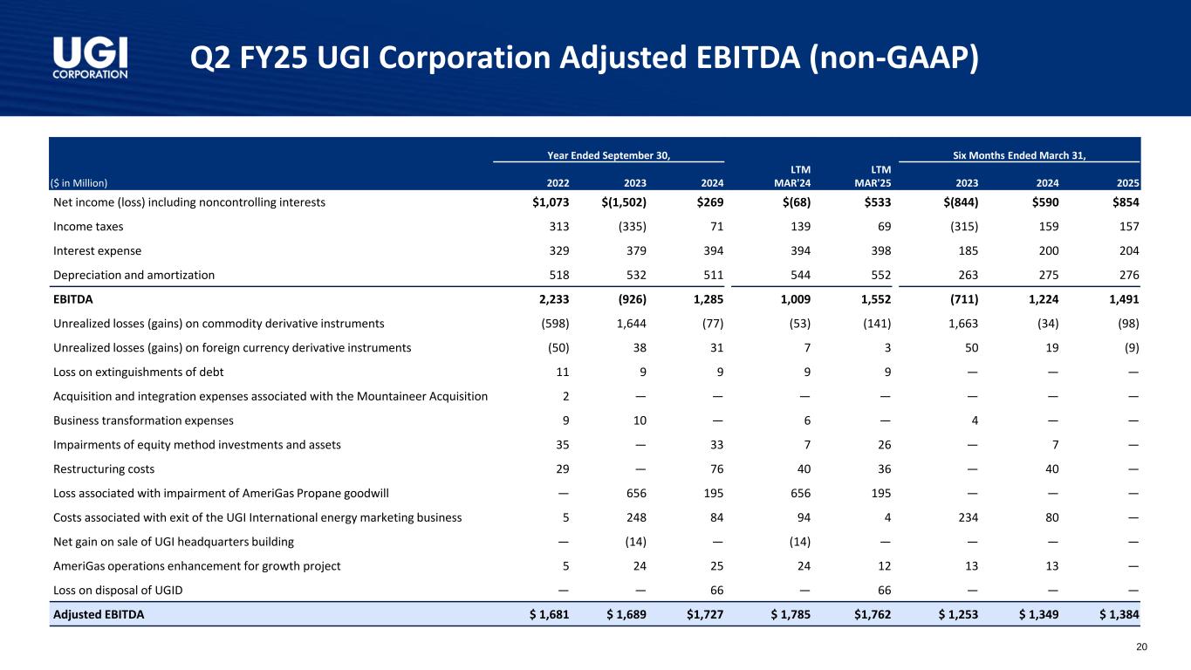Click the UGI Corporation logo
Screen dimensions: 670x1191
[90, 58]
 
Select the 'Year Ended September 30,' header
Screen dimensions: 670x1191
[608, 155]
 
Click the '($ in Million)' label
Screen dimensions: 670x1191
[79, 183]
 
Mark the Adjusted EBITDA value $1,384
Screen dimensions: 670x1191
[1116, 614]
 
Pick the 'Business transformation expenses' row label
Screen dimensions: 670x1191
[142, 420]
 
